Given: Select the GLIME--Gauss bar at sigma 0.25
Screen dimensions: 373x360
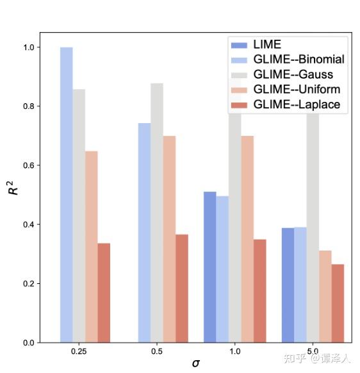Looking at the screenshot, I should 79,215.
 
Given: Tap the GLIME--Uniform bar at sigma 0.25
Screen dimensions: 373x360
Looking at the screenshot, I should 91,247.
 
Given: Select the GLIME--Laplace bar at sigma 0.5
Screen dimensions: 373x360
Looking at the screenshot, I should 182,288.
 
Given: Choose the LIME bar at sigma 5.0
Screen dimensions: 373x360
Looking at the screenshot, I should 288,285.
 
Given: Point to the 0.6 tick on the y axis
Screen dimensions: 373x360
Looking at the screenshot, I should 29,165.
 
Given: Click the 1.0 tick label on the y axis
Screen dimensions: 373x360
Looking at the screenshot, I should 29,47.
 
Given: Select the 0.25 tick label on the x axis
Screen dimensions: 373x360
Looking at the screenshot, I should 79,352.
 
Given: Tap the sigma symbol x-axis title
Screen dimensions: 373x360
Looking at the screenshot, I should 195,363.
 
